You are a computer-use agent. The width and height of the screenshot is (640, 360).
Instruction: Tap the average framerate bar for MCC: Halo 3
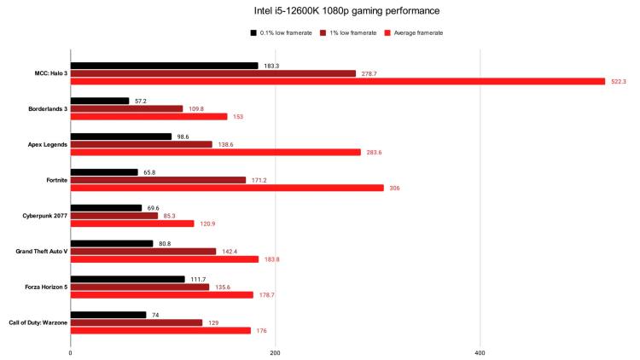click(337, 82)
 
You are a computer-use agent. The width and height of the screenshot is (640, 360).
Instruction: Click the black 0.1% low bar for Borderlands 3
click(100, 101)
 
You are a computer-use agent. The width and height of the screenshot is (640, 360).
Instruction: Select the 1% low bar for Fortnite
click(158, 180)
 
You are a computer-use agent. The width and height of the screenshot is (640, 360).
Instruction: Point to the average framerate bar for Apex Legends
click(215, 153)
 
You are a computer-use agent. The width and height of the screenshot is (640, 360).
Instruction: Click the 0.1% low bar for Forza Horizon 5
click(127, 279)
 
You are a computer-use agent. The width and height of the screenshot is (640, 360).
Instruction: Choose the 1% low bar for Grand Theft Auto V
click(143, 252)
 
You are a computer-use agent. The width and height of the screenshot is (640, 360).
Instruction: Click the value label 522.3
click(618, 82)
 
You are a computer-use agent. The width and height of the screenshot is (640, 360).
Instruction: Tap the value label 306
click(394, 189)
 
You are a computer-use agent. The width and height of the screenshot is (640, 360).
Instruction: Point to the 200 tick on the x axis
click(275, 351)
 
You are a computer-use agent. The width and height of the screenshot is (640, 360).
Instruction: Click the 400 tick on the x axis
click(480, 351)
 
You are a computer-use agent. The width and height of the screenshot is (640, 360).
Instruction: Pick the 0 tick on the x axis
click(70, 351)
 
